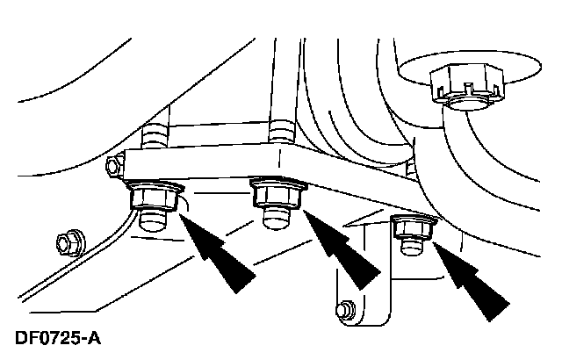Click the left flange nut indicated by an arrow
(x=155, y=198)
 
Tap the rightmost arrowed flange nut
(x=414, y=227)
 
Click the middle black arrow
(x=342, y=250)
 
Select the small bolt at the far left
(x=71, y=243)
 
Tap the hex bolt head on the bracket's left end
(x=115, y=165)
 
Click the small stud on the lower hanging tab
(x=345, y=309)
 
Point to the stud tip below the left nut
(x=152, y=221)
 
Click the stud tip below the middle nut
(x=276, y=218)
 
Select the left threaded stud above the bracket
(x=155, y=136)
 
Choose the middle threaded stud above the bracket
(x=282, y=131)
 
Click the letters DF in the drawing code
(x=27, y=338)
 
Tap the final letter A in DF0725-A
(x=94, y=338)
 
